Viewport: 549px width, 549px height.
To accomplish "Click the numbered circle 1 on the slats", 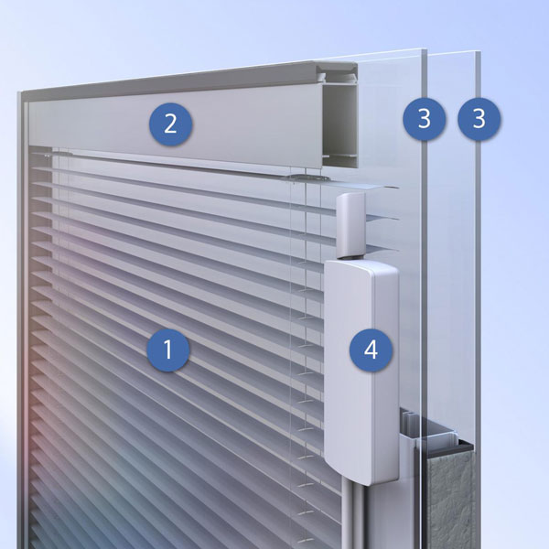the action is point(168,350).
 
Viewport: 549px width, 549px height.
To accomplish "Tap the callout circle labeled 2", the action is point(170,124).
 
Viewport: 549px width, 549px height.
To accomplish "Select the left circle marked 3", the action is point(425,118).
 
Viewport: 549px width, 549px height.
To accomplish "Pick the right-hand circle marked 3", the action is point(479,118).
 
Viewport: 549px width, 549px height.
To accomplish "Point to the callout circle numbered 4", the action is point(371,350).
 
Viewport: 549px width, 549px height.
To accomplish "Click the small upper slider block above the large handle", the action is point(350,225).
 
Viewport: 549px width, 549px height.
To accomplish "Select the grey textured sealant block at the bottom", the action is point(451,503).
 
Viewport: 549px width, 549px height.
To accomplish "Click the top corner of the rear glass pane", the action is point(479,52).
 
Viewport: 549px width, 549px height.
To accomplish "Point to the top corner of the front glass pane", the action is point(425,48).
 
